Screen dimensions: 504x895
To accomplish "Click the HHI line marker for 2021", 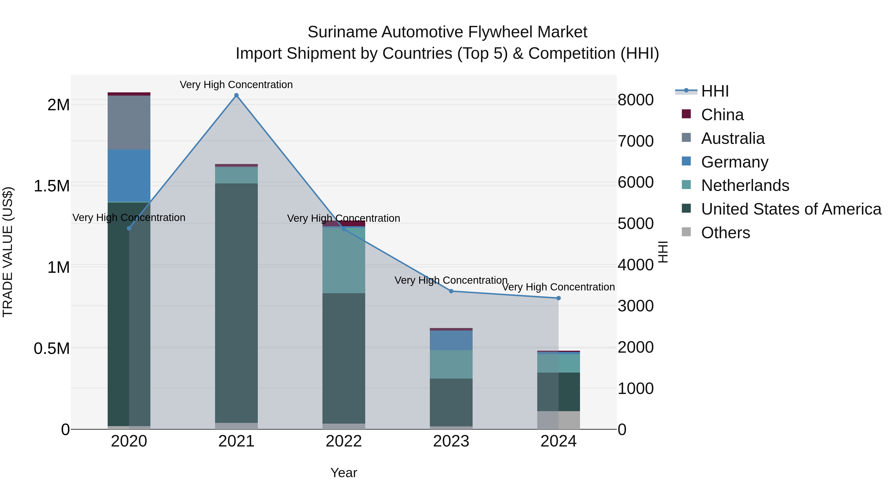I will (236, 95).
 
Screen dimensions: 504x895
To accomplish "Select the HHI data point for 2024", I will (558, 298).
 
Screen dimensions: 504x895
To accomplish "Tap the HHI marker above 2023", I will (451, 291).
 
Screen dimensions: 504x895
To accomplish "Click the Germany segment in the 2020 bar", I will (129, 176).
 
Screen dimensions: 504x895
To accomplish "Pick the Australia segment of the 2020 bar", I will (129, 122).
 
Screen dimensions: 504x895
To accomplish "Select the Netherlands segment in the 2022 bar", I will (344, 260).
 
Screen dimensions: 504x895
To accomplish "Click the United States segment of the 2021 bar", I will (236, 303).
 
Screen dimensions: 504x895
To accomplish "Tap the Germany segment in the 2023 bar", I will (451, 340).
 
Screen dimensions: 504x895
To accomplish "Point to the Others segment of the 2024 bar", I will (558, 420).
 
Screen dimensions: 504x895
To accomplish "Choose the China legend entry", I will (722, 115).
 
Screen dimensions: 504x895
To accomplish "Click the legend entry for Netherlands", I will (745, 185).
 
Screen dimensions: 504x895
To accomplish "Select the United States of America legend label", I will (791, 209).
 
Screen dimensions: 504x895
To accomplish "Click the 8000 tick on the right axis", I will (635, 100).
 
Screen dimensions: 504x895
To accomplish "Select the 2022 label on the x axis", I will (344, 441).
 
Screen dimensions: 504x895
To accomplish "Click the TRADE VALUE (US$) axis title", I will (8, 252).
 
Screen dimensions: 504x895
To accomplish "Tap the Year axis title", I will (344, 473).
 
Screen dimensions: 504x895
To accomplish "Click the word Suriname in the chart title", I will (342, 32).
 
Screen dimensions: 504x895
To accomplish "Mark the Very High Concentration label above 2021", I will (236, 85).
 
